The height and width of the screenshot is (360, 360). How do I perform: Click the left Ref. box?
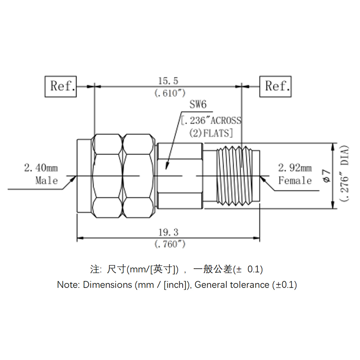(61, 86)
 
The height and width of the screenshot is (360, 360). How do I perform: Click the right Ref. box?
(275, 86)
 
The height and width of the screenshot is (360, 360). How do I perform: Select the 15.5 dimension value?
(168, 81)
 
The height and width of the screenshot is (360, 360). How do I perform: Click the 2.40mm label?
(41, 168)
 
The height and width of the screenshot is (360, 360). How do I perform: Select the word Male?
(47, 180)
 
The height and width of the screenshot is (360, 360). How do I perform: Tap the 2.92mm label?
(295, 168)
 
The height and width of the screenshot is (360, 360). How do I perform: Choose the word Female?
(295, 180)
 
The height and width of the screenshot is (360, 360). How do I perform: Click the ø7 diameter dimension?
(327, 176)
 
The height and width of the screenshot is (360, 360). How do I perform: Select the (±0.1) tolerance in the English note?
(284, 285)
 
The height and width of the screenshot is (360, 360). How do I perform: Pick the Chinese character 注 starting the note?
(94, 270)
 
